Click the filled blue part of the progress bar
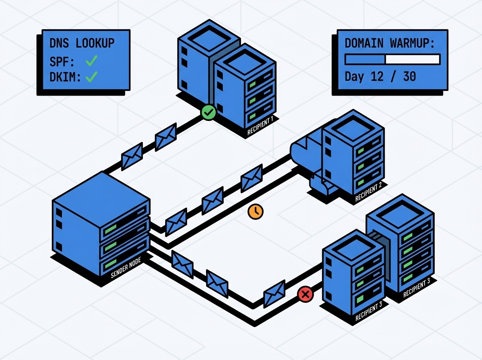365,59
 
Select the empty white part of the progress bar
412,59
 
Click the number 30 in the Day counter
409,76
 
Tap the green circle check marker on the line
208,112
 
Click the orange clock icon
255,211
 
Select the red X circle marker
305,295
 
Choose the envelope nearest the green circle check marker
166,137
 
